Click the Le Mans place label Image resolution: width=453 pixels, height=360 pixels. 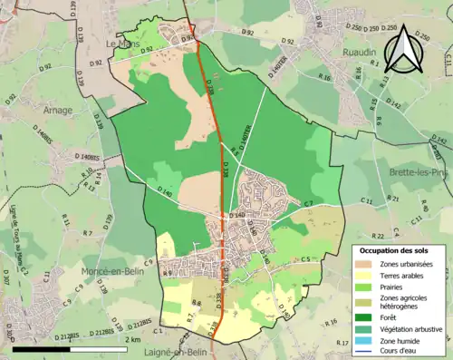tap(120, 43)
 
